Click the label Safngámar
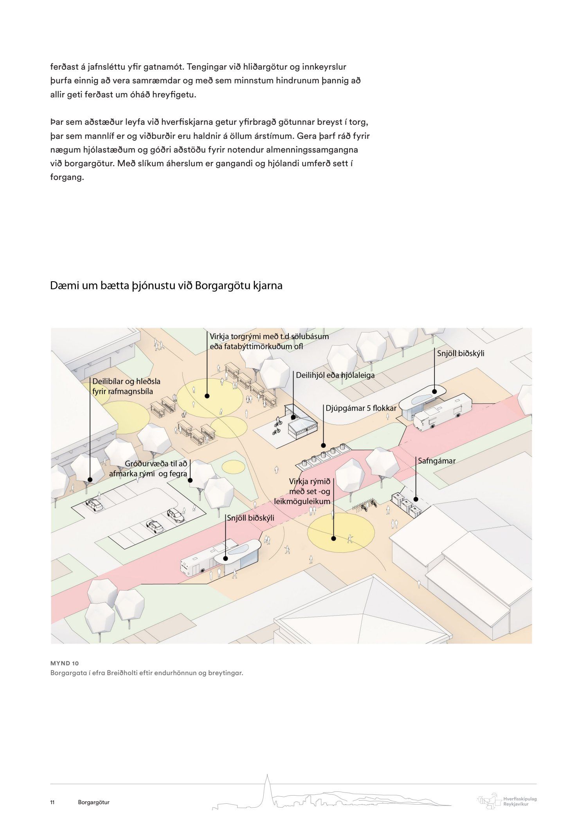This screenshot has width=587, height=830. (x=436, y=461)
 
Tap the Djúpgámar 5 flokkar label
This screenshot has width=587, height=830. (x=361, y=408)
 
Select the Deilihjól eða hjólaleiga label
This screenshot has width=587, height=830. (x=335, y=375)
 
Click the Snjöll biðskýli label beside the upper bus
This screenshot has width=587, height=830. (x=461, y=353)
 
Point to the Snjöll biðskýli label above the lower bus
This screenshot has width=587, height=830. (x=250, y=518)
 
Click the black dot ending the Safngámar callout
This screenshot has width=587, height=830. (x=416, y=499)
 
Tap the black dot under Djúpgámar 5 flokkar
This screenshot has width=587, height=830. (x=323, y=445)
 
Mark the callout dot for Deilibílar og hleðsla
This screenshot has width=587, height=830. (x=90, y=480)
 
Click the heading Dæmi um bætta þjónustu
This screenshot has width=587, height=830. (x=166, y=286)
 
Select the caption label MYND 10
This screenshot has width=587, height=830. (x=65, y=663)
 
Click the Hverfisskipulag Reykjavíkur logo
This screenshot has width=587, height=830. (x=507, y=801)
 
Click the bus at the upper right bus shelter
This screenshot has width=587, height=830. (x=442, y=413)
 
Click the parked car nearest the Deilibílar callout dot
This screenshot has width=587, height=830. (x=94, y=505)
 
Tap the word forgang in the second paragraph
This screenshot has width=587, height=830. (x=67, y=177)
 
